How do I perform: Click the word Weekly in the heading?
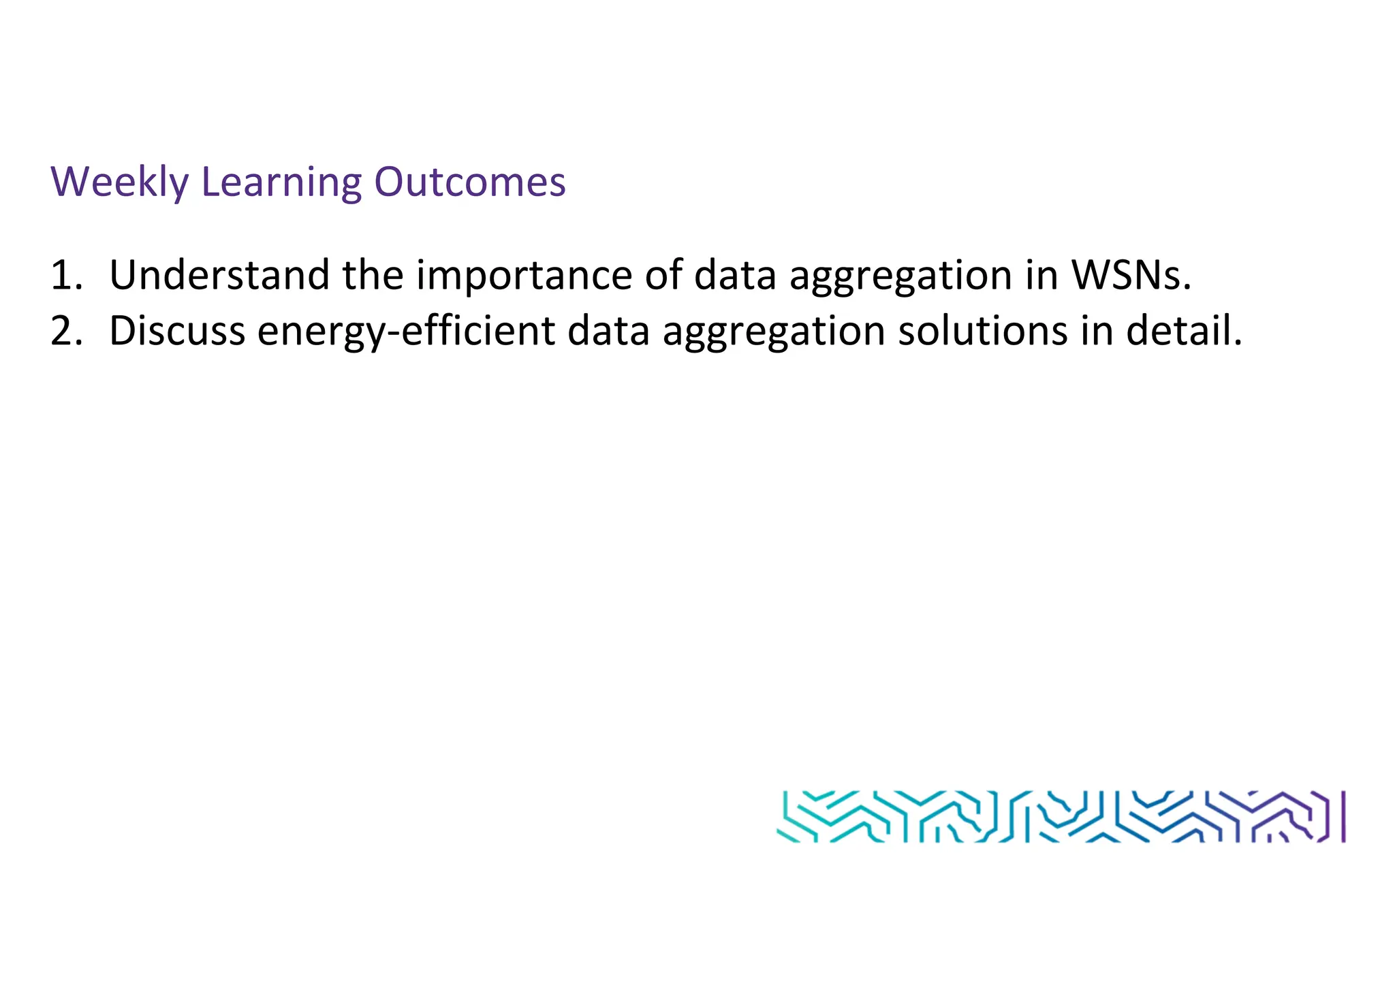tap(120, 182)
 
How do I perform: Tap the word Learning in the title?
tap(281, 182)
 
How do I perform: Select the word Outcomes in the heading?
tap(470, 182)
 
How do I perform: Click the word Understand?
tap(219, 275)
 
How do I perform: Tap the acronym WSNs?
tap(1131, 275)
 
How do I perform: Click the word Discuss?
tap(177, 331)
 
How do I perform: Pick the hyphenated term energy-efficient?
tap(407, 331)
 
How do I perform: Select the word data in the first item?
tap(735, 275)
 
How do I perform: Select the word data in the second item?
tap(608, 331)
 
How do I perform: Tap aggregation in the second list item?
tap(774, 331)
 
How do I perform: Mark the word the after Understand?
tap(373, 275)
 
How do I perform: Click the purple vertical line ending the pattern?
tap(1343, 817)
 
